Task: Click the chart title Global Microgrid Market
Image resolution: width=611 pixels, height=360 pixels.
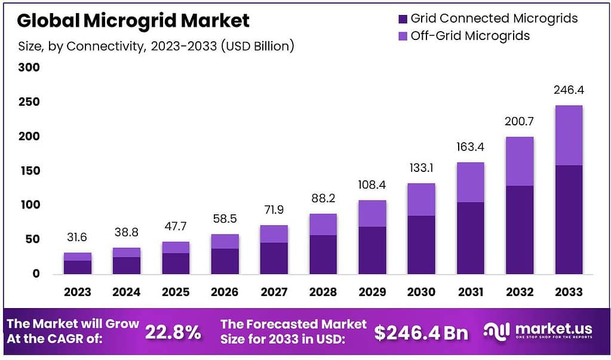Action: (x=133, y=21)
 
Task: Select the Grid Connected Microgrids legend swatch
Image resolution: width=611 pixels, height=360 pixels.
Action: (x=402, y=19)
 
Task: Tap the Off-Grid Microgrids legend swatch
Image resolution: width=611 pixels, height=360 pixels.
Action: (x=402, y=36)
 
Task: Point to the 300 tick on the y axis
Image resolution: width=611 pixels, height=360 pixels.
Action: (x=28, y=67)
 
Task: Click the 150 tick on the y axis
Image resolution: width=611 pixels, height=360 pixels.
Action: (x=28, y=171)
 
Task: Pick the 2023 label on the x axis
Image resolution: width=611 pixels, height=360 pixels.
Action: (x=78, y=292)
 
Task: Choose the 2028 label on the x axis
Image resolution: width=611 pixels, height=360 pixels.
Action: (x=323, y=292)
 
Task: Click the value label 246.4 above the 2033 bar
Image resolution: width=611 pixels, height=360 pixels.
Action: (x=568, y=91)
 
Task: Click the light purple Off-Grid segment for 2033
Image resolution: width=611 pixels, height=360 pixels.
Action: (x=568, y=136)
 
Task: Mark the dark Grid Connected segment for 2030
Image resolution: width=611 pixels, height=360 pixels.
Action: (x=421, y=245)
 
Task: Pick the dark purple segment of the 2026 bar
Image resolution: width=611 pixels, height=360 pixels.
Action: (x=225, y=261)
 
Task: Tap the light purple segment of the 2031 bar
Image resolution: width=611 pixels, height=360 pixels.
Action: (x=470, y=182)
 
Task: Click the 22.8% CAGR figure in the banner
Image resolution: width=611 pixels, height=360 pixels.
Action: (x=173, y=332)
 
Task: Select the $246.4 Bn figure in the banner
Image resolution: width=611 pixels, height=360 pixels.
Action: (x=421, y=333)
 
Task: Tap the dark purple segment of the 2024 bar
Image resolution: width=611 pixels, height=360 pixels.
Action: (x=127, y=265)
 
